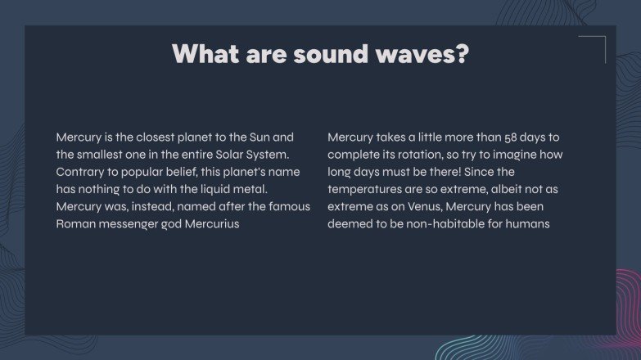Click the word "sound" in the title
click(x=316, y=54)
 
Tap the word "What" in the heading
click(x=198, y=54)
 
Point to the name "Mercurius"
click(x=211, y=223)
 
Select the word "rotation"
click(x=418, y=155)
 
